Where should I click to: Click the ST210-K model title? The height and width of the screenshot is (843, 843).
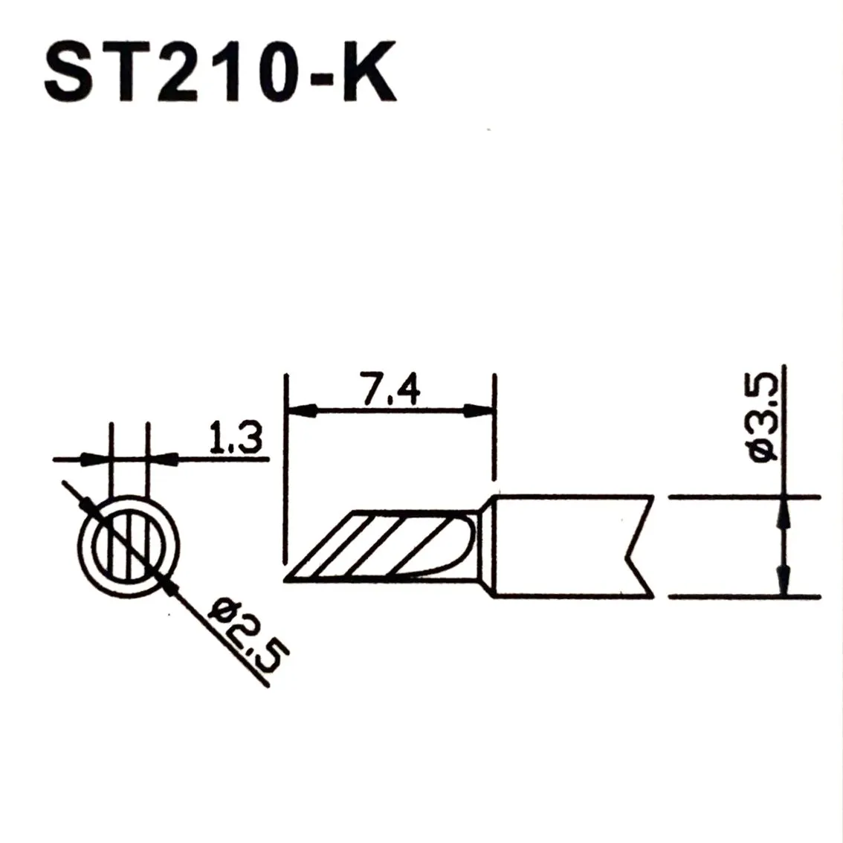click(x=221, y=72)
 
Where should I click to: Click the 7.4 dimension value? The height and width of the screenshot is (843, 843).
click(x=391, y=389)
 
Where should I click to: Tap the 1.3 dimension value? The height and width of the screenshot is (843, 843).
click(x=236, y=438)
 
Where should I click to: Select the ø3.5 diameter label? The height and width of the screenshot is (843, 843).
click(x=763, y=417)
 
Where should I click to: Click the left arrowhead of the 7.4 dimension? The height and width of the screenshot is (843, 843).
click(x=302, y=411)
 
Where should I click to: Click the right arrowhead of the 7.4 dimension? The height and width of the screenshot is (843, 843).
click(x=479, y=411)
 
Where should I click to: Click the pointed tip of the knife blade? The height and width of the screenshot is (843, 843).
click(x=285, y=580)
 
